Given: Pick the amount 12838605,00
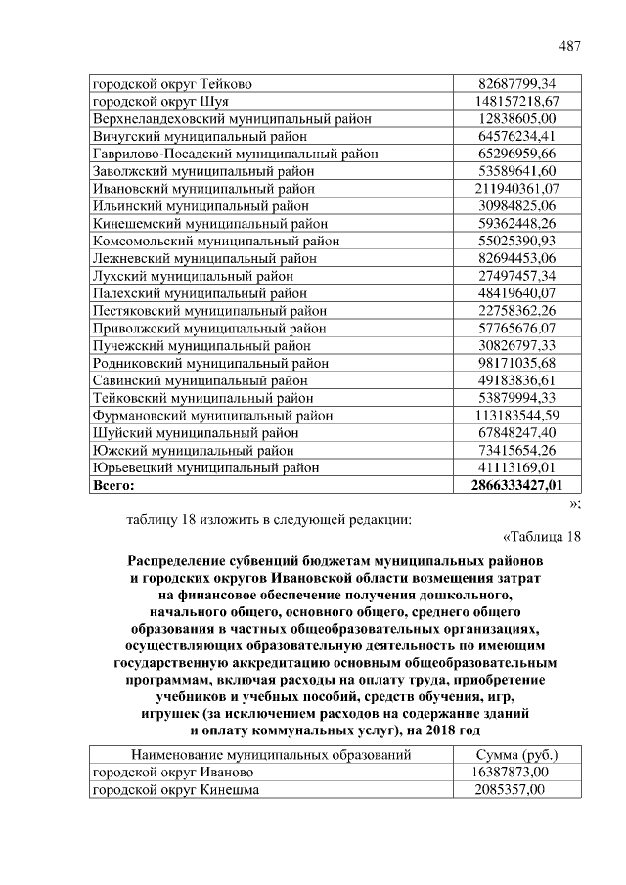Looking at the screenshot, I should pyautogui.click(x=516, y=118).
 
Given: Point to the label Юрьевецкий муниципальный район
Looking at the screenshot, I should pyautogui.click(x=205, y=467).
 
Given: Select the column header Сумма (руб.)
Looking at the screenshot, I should pyautogui.click(x=516, y=755).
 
